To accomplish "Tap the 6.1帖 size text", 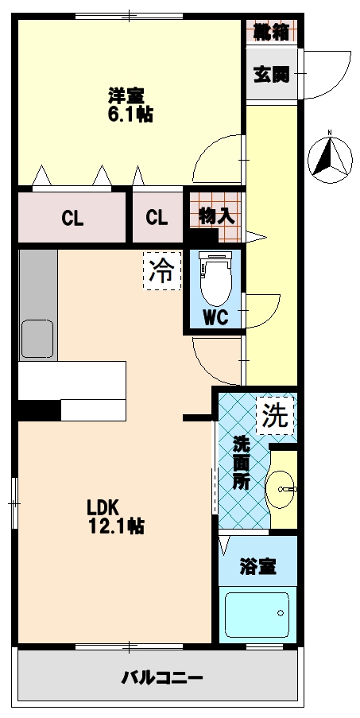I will tap(130, 114).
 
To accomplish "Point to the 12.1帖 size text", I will tap(116, 526).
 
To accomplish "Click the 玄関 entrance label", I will tap(271, 76).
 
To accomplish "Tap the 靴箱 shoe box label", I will tap(270, 33).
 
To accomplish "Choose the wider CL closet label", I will tap(72, 217).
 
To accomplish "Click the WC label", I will tap(215, 316).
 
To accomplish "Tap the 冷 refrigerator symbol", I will tap(161, 272).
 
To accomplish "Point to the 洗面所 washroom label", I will tap(240, 462).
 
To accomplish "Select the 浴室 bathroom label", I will tap(258, 567).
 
